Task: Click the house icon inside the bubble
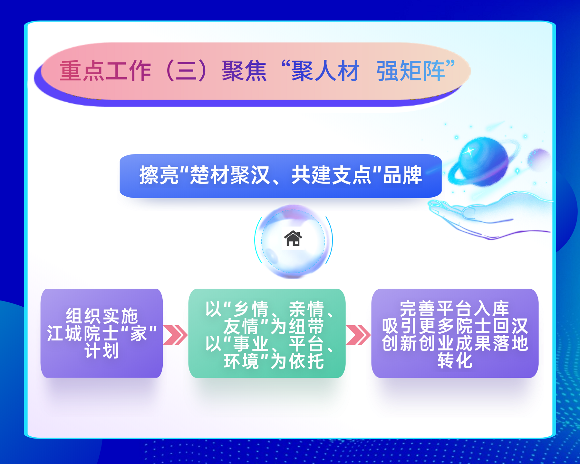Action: coord(293,238)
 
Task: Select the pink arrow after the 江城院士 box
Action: coord(175,335)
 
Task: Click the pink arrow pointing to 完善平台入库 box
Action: coord(358,335)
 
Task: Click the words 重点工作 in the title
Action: coord(105,71)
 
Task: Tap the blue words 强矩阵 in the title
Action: coord(411,71)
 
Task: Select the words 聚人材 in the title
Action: coord(325,71)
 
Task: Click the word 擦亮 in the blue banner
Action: coord(159,175)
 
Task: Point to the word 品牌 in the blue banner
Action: coord(402,175)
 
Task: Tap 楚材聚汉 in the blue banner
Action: coord(230,175)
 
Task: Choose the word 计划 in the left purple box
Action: coord(101,350)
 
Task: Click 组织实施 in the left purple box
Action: coord(101,316)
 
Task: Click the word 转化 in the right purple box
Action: coord(455,360)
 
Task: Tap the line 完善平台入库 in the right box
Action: coord(454,309)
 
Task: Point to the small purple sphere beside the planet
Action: coord(539,160)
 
